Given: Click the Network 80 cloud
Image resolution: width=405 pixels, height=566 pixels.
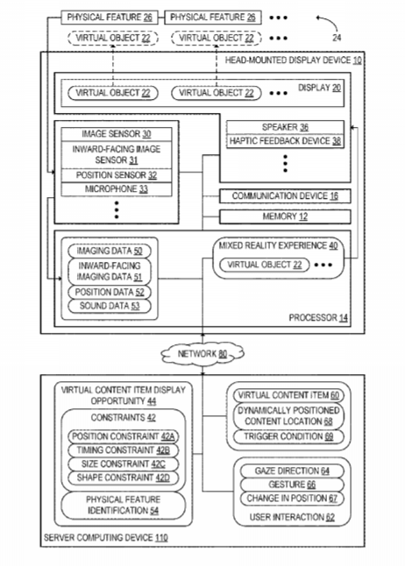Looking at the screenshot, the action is tap(202, 354).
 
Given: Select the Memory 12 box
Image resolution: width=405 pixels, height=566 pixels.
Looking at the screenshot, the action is tap(285, 216).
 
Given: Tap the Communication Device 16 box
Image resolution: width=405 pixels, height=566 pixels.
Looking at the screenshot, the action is tap(285, 196).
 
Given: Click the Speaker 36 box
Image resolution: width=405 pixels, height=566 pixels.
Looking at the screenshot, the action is tap(285, 127).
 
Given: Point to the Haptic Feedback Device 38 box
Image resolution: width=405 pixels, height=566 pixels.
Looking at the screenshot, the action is tap(285, 141).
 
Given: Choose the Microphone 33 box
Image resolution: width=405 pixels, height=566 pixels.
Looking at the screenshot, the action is tap(117, 189).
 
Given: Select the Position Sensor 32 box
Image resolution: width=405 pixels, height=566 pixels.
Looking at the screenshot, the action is tap(117, 175).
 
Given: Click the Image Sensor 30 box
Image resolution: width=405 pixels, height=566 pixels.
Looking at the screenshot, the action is tap(117, 134).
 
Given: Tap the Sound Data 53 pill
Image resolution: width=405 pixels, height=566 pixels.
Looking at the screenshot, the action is tap(110, 306).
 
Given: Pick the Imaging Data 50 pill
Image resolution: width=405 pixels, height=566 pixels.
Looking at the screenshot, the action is tap(110, 251).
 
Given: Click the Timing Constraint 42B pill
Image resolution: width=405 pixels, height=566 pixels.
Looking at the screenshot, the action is tap(124, 450).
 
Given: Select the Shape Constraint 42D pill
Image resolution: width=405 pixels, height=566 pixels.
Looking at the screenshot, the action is tap(124, 478).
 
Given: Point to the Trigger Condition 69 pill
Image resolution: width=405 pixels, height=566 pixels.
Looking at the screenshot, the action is tap(288, 436).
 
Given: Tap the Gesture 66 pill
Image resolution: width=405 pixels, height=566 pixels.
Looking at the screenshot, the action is tap(292, 485).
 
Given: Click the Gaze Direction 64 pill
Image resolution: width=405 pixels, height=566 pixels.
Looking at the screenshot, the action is tap(292, 470).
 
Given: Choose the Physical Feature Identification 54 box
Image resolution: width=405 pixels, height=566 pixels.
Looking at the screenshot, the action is tap(124, 505).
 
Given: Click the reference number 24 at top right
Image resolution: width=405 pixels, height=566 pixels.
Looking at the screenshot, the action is tap(337, 38).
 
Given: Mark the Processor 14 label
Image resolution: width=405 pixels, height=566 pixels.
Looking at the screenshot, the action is tap(318, 318).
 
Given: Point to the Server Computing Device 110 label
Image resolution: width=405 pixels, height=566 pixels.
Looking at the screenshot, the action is tap(106, 538).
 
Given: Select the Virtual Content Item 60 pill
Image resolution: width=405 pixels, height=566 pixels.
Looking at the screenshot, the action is tap(288, 395).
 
